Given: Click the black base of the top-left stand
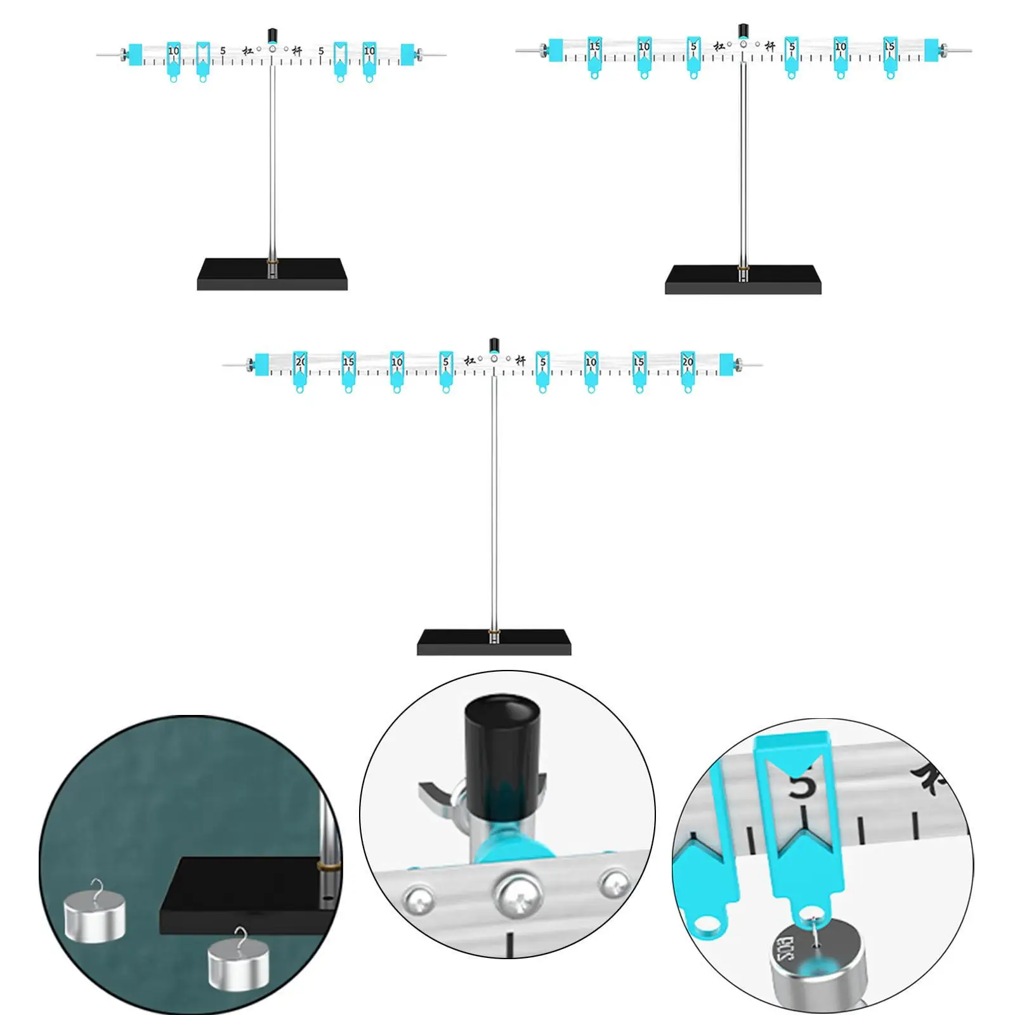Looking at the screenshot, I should [272, 274].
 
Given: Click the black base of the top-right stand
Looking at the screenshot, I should [743, 279].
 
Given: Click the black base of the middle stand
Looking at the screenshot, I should [494, 641].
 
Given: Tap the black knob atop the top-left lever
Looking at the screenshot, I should [273, 35].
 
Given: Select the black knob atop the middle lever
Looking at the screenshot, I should [494, 346].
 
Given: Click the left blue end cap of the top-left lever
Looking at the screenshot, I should [135, 55].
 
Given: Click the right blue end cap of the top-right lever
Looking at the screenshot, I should [931, 50].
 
